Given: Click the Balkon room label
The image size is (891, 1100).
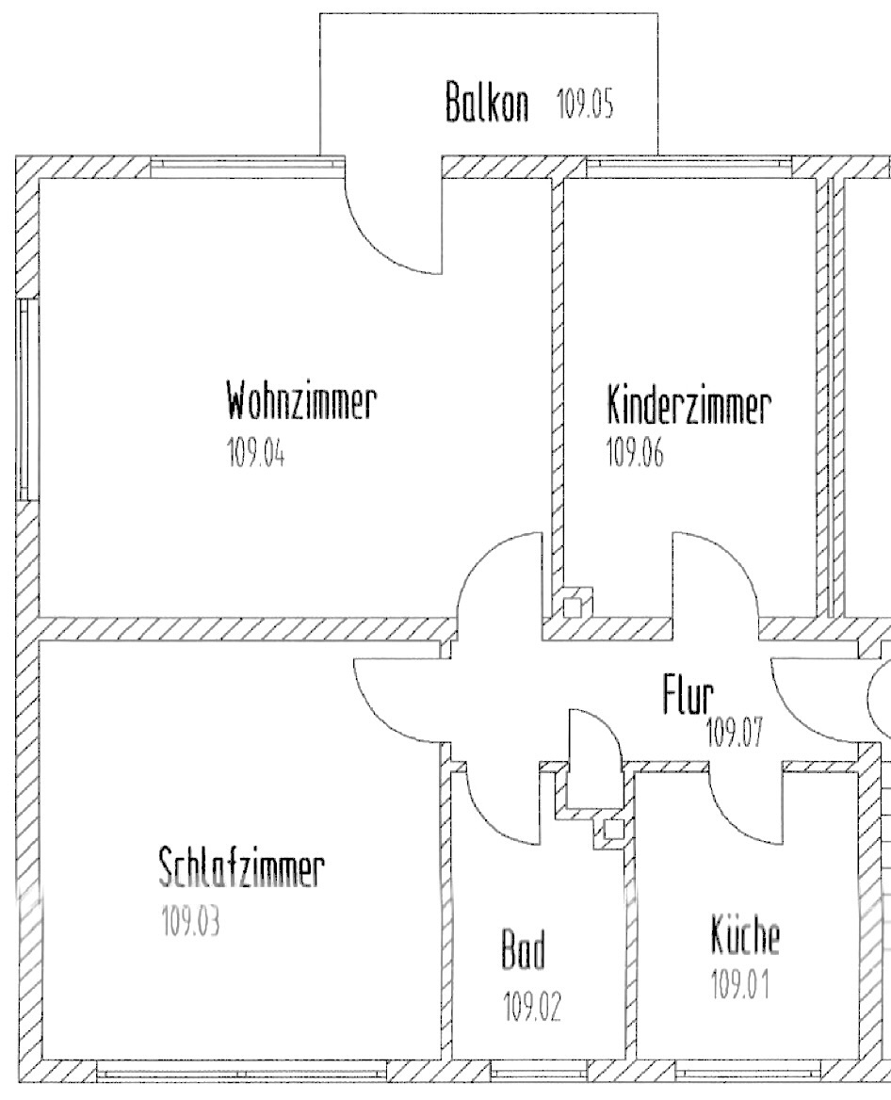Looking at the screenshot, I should tap(486, 103).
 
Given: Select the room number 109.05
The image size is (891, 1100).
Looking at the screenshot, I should tap(585, 104).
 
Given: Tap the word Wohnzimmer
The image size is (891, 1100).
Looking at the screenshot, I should tap(300, 402).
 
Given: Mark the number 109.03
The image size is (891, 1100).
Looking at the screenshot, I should tap(191, 921).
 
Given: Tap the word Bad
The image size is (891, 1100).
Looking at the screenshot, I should tap(523, 954).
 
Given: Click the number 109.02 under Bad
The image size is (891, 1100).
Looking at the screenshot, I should tap(533, 1008).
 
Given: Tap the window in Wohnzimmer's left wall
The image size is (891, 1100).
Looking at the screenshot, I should tap(27, 400).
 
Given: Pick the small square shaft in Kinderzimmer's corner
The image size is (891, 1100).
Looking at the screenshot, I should tap(572, 606).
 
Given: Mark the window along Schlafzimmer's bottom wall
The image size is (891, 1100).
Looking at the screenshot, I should tap(241, 1070).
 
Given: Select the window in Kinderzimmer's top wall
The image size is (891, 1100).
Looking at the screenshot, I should tap(689, 166).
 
